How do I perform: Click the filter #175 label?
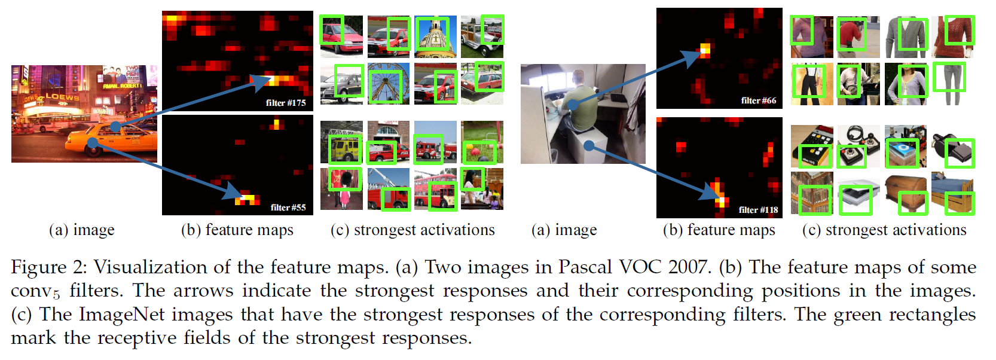286,103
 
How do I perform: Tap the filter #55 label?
288,208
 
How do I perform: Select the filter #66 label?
759,100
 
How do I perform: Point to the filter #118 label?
758,210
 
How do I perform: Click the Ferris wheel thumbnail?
389,84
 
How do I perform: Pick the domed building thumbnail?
435,36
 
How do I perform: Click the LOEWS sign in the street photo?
62,96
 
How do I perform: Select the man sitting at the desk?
580,102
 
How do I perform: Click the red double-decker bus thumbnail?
435,189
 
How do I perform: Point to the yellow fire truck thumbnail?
341,143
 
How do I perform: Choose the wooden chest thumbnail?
906,193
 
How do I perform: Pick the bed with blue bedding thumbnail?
953,193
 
